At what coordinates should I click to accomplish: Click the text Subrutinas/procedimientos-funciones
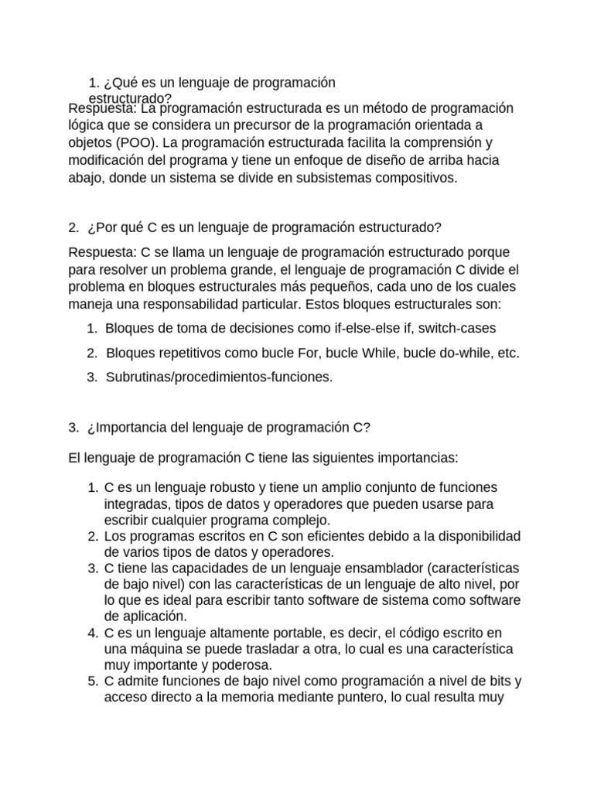pyautogui.click(x=219, y=377)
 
